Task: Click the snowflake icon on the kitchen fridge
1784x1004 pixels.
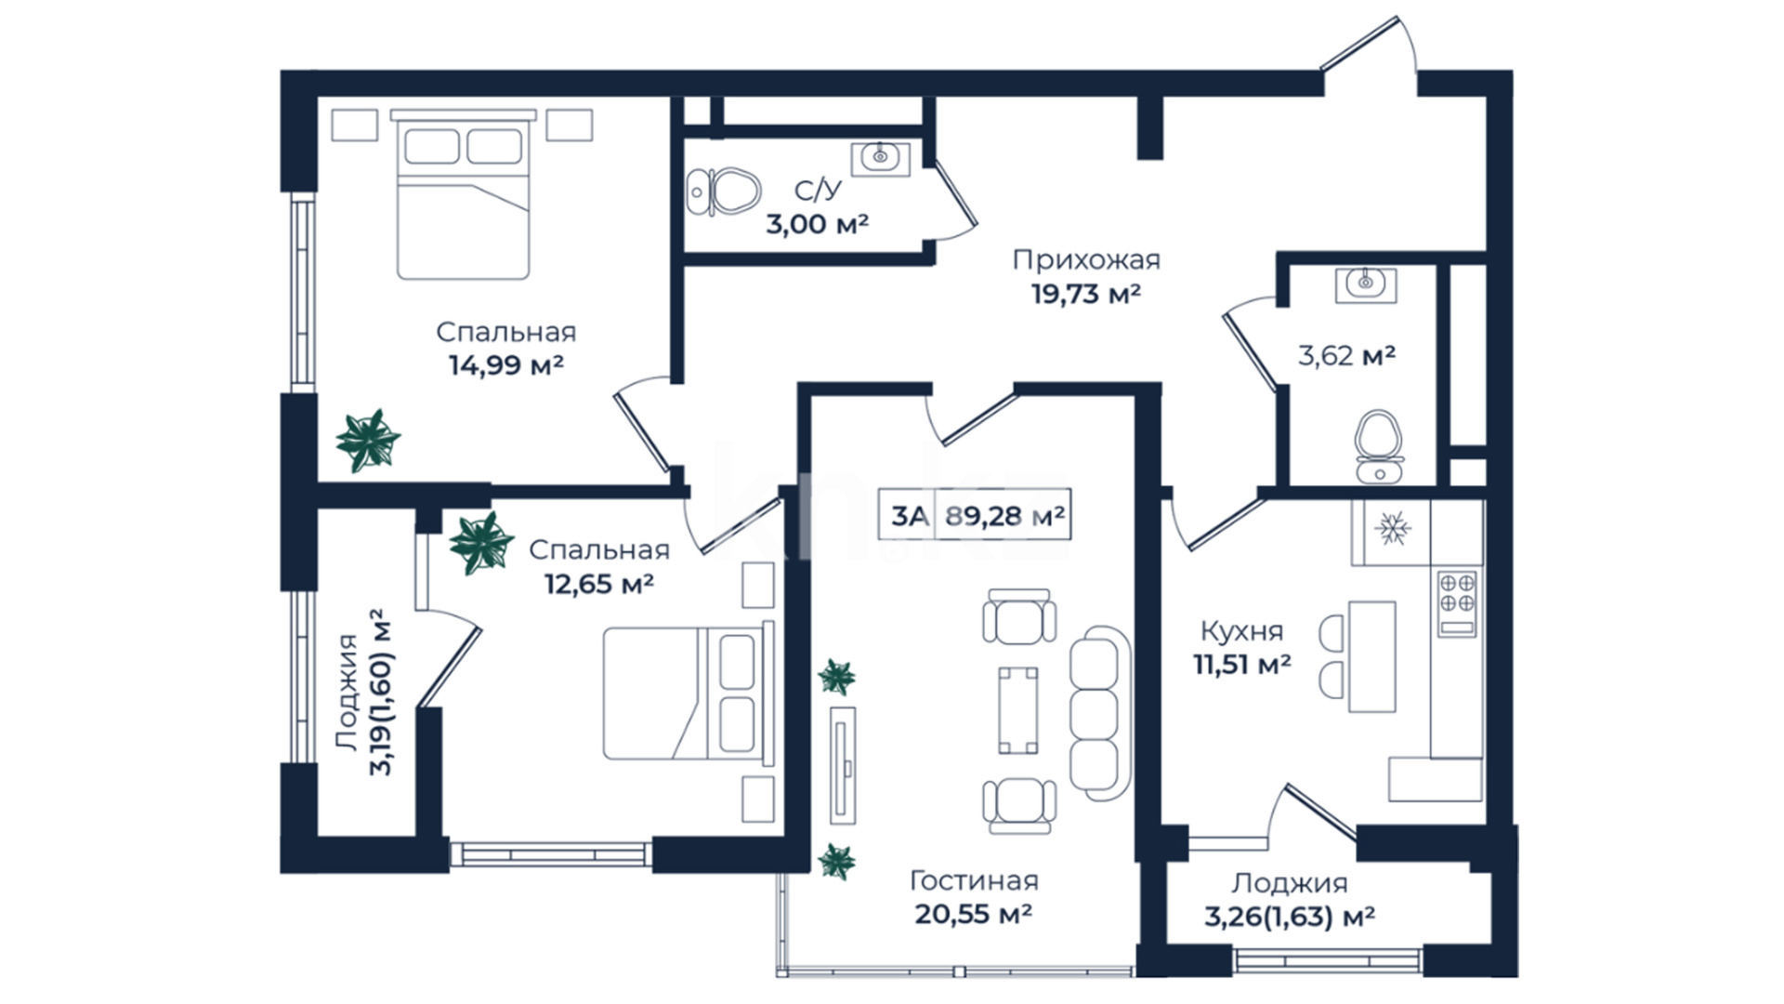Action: point(1392,529)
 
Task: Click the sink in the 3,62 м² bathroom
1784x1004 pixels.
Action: point(1365,284)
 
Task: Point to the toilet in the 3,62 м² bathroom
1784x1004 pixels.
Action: point(1379,447)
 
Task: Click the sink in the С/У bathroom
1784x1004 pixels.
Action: point(880,159)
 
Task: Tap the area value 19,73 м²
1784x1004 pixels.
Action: point(1086,295)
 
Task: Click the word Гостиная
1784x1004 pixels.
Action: point(974,880)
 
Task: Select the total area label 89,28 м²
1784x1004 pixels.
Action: point(1004,516)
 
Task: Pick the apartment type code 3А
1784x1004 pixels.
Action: point(909,516)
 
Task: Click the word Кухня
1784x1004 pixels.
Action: point(1241,631)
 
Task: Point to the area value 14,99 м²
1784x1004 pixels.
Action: point(506,365)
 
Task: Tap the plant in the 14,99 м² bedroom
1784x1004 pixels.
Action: point(368,441)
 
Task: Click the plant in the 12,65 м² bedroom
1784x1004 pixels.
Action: point(481,543)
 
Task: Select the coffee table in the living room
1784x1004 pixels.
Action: point(1018,710)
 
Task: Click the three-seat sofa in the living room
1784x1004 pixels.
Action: point(1100,713)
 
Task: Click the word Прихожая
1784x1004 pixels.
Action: point(1086,260)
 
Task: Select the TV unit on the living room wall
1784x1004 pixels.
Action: point(843,764)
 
